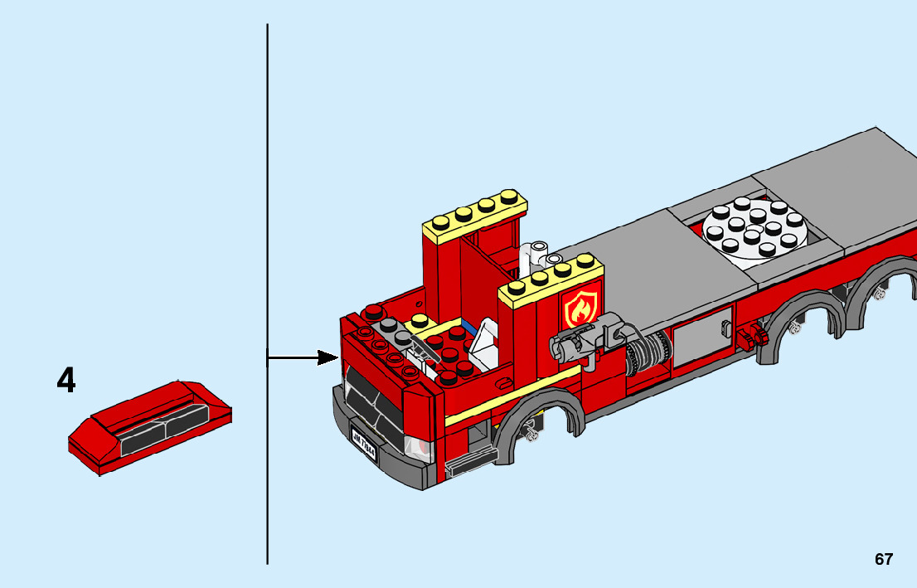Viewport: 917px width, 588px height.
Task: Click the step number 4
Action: point(66,381)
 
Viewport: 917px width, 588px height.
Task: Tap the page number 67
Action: point(884,559)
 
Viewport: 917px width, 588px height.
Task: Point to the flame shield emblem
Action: point(581,309)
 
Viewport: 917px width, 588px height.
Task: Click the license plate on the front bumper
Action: point(363,441)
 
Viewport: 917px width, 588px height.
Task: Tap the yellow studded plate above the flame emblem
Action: point(551,280)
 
